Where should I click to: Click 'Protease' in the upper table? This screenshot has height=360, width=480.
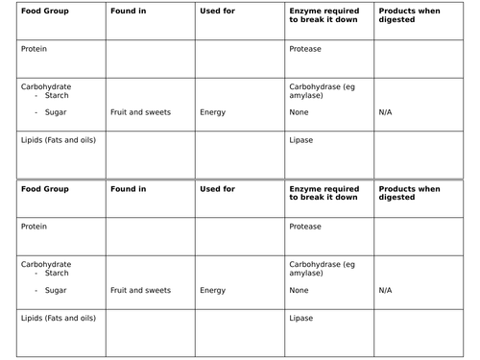point(304,49)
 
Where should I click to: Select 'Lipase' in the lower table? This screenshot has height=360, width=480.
point(300,317)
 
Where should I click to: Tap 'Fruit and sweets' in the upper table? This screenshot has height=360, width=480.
point(140,112)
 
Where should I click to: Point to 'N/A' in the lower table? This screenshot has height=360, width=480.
point(386,289)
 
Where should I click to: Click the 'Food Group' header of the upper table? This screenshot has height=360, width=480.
point(42,12)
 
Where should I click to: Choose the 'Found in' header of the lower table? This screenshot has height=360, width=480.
point(129,189)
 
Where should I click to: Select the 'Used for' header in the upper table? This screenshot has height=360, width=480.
point(217,12)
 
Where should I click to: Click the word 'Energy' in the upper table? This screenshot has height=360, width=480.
point(213,112)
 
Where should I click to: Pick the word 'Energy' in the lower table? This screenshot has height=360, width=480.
point(213,289)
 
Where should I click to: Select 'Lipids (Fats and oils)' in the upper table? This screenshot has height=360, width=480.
point(58,139)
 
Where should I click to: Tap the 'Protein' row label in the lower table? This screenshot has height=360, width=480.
point(33,227)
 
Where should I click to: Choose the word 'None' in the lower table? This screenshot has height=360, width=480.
point(300,289)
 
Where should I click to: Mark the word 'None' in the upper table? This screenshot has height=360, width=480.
point(300,112)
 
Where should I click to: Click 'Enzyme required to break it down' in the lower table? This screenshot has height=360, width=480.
point(324,193)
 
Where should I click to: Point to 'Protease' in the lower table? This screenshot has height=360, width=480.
point(304,227)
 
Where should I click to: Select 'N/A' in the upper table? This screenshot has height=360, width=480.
point(386,112)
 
